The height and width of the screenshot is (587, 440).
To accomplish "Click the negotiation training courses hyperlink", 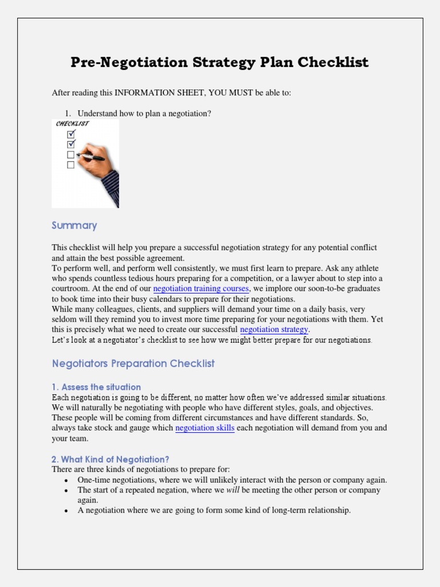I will point(201,288).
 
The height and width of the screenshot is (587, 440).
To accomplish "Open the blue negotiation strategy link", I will point(274,330).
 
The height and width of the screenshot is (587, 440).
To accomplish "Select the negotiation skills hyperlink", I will point(205,428).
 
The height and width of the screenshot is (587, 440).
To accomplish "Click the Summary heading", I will point(74,225).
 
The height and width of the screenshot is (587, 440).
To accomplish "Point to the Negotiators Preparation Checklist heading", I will point(133,363).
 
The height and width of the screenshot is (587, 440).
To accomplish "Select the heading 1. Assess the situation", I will point(96,387).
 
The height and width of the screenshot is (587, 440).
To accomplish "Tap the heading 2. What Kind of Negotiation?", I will point(111,459).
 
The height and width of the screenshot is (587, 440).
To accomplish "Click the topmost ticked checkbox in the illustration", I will point(71,134).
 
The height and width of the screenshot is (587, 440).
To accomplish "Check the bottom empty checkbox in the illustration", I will point(71,165).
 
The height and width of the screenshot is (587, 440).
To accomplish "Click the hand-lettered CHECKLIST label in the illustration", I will point(72,124).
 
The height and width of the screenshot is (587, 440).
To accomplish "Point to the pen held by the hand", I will point(91,156).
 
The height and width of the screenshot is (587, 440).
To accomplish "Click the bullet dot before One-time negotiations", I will point(66,480).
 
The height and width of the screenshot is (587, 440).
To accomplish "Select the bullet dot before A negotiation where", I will point(66,511).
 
